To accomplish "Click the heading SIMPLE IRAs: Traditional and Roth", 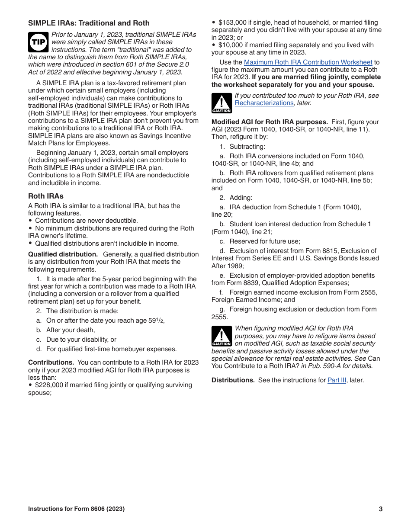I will [89, 23].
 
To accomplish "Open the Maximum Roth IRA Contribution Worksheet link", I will [308, 62].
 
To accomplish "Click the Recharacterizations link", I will [264, 103].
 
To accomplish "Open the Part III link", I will [337, 381].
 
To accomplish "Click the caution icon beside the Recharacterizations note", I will [221, 103].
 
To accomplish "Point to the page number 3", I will [381, 509].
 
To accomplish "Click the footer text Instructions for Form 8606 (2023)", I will [76, 509].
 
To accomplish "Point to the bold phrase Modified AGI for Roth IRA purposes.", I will [269, 122].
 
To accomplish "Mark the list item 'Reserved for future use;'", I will [264, 241].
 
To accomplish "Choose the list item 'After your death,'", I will [71, 330].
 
